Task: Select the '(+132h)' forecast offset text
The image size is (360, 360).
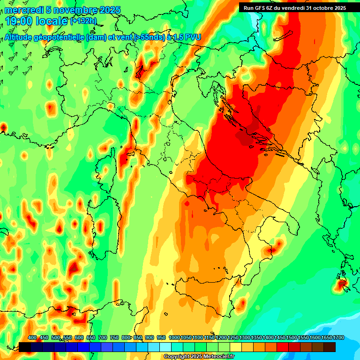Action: point(83,21)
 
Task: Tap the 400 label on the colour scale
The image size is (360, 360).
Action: point(32,337)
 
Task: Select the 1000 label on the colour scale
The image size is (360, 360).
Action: point(174,337)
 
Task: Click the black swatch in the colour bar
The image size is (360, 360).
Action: point(25,347)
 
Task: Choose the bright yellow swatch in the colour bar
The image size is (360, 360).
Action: point(236,347)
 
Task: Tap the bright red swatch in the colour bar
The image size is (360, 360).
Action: point(283,347)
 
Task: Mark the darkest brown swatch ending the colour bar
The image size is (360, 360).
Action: point(330,347)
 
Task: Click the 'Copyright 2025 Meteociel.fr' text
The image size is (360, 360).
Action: point(200,357)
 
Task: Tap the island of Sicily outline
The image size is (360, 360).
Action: point(206,298)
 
